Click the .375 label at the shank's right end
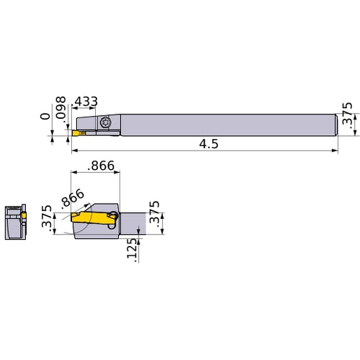point(348,124)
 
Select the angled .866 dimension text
point(73,199)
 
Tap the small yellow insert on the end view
point(23,215)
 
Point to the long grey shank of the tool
point(230,124)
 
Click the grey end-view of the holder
point(14,225)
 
